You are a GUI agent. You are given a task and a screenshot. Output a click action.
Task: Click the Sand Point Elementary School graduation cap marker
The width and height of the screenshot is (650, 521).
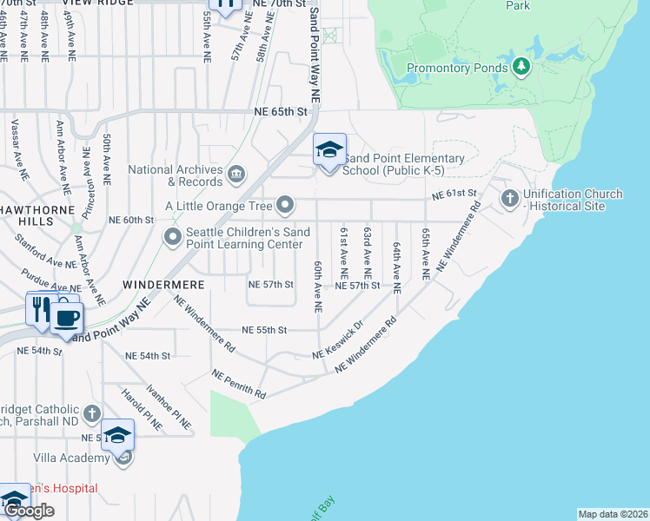[x=329, y=151]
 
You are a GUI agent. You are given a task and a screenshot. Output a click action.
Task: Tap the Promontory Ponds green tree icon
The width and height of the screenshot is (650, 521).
[x=521, y=65]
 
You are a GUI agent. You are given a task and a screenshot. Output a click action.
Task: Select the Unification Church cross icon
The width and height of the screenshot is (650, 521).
[x=510, y=200]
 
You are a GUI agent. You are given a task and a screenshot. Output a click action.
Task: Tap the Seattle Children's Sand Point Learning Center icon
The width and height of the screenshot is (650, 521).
[x=173, y=235]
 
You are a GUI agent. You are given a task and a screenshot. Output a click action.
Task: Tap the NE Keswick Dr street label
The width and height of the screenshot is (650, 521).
[x=337, y=343]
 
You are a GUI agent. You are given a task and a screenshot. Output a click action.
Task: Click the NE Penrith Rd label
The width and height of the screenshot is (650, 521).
[x=238, y=384]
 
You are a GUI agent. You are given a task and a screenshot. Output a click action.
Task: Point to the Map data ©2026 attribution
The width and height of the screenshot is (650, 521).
[x=613, y=514]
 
